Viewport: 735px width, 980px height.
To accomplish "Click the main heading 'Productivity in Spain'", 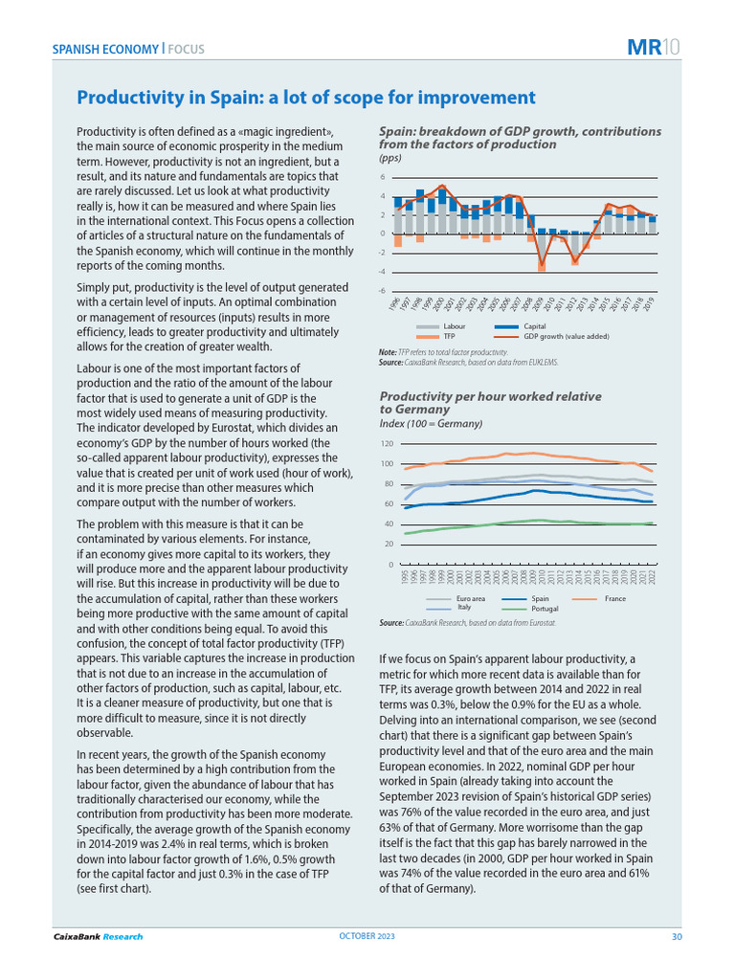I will pyautogui.click(x=305, y=98).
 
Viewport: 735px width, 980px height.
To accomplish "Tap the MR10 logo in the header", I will pyautogui.click(x=654, y=48).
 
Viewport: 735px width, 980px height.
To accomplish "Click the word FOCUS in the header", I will pyautogui.click(x=186, y=49).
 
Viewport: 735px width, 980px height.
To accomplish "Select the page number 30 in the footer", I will pyautogui.click(x=676, y=936).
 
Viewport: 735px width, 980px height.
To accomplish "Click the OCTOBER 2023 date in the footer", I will pyautogui.click(x=367, y=936).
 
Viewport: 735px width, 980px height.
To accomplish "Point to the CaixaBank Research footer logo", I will pyautogui.click(x=98, y=936).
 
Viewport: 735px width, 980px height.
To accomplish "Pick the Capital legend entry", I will pyautogui.click(x=534, y=327).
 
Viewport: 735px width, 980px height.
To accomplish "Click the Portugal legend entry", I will pyautogui.click(x=546, y=607).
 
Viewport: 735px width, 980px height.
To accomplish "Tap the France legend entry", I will pyautogui.click(x=614, y=598).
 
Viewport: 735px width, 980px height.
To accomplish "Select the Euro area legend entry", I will pyautogui.click(x=471, y=598).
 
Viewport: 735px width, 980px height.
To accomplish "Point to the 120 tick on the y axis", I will pyautogui.click(x=387, y=444).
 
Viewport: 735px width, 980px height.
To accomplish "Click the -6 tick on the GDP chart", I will pyautogui.click(x=383, y=290).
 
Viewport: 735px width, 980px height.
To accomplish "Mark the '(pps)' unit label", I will pyautogui.click(x=390, y=158).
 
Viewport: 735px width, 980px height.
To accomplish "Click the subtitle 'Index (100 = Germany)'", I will pyautogui.click(x=431, y=423).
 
